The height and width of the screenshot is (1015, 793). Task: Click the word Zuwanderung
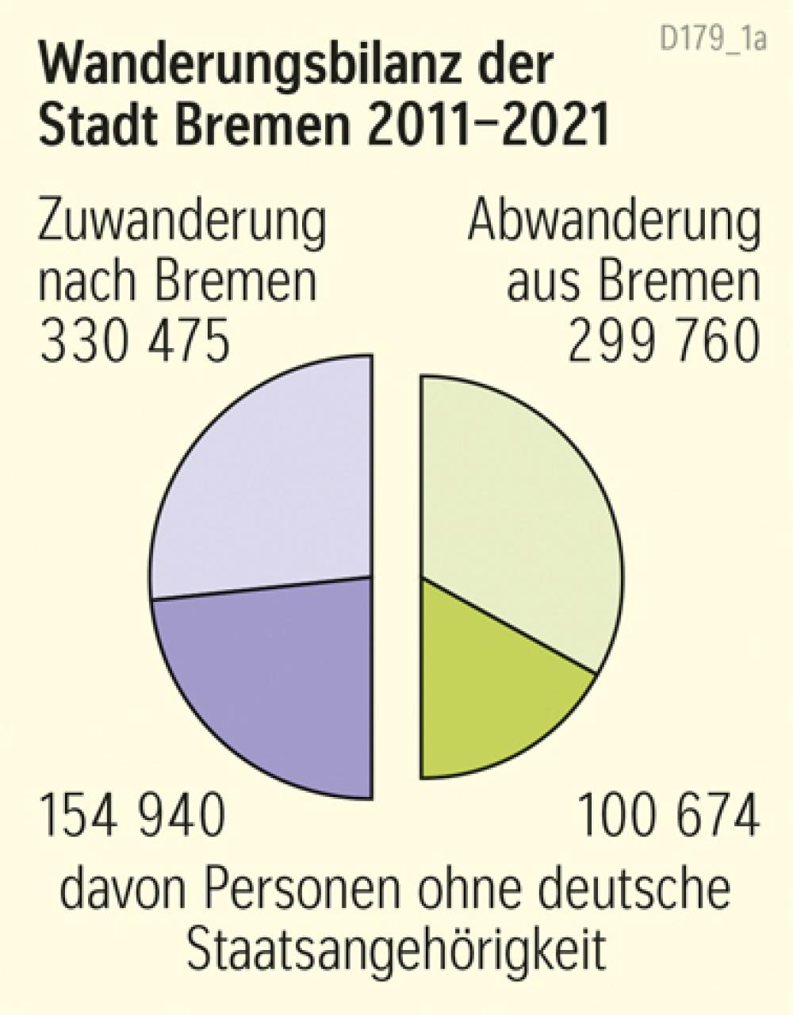(182, 223)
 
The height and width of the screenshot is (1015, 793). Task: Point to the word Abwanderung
(614, 223)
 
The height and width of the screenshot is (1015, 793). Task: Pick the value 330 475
(135, 342)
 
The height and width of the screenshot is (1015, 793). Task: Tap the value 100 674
(668, 818)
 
